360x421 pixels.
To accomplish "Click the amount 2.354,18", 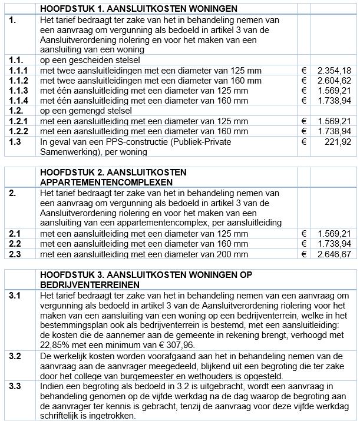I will pos(333,70).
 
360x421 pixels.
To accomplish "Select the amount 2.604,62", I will pos(333,80).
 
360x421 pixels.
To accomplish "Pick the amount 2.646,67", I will pos(333,254).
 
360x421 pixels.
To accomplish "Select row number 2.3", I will pos(15,254).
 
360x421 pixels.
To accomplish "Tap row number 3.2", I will pos(15,357).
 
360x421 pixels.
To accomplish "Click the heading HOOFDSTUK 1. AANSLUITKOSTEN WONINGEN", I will pos(138,9).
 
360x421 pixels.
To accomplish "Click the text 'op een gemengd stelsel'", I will pos(86,111).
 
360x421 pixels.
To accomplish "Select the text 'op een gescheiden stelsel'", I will pos(90,59).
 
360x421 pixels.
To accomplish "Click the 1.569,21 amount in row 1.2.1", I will pos(333,121).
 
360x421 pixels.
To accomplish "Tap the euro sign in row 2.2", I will pos(304,244).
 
